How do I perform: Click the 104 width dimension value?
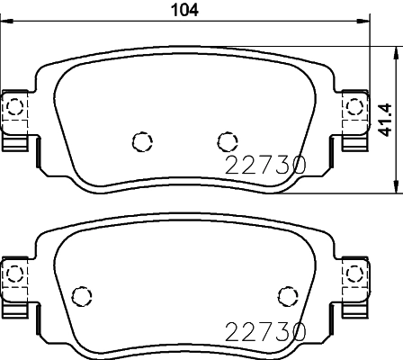pyautogui.click(x=184, y=10)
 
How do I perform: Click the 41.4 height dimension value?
pyautogui.click(x=385, y=120)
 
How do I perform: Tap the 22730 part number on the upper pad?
pyautogui.click(x=265, y=165)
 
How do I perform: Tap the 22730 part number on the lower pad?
pyautogui.click(x=265, y=332)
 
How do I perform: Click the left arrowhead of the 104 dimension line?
pyautogui.click(x=6, y=21)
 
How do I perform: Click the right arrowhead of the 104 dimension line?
pyautogui.click(x=363, y=21)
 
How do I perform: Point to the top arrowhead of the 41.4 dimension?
pyautogui.click(x=397, y=53)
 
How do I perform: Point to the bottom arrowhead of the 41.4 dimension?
pyautogui.click(x=397, y=186)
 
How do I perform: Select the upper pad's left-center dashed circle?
pyautogui.click(x=142, y=141)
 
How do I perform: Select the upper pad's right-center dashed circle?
pyautogui.click(x=228, y=141)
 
